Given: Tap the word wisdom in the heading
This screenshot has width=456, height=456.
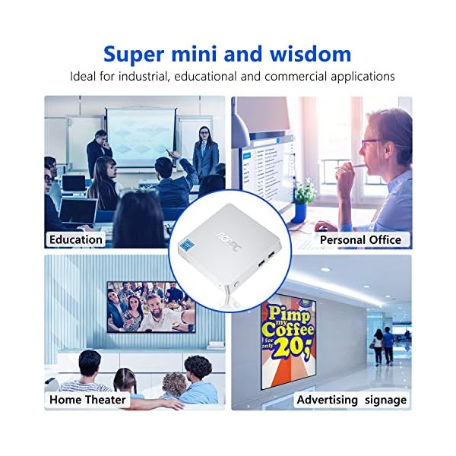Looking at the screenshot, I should pyautogui.click(x=313, y=54).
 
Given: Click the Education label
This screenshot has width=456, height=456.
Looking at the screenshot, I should pyautogui.click(x=76, y=239).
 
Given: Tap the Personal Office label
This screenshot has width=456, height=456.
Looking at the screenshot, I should pyautogui.click(x=360, y=239).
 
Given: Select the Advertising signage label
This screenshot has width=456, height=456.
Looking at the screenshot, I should pyautogui.click(x=352, y=399).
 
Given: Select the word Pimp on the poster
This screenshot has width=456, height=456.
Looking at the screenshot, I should pyautogui.click(x=290, y=315).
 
